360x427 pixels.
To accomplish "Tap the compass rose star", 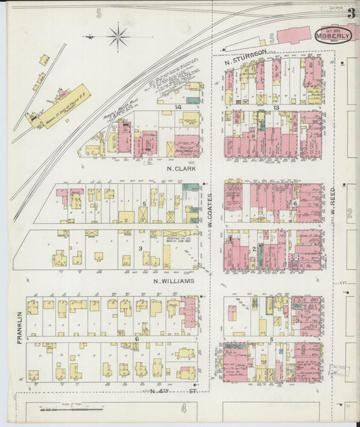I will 118,36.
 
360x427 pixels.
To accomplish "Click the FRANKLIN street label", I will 20,327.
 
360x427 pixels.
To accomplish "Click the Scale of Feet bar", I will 72,409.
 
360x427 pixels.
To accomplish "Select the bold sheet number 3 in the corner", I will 351,13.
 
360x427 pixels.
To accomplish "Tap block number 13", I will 276,107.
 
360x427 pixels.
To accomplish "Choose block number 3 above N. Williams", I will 140,249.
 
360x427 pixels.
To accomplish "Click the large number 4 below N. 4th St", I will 182,408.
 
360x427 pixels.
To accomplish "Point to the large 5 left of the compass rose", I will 99,14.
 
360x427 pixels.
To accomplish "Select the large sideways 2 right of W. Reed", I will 350,214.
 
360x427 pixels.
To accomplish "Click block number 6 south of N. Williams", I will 136,338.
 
